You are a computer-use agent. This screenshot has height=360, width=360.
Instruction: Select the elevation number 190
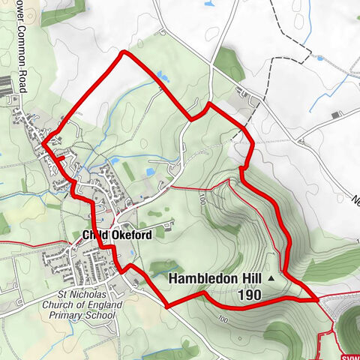click(250, 295)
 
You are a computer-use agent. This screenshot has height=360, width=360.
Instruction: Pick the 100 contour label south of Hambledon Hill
click(223, 320)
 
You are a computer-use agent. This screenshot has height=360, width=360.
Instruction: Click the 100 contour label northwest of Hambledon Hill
click(202, 199)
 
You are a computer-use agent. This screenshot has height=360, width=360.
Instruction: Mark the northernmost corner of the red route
click(123, 52)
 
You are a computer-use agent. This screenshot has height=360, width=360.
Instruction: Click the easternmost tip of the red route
click(317, 298)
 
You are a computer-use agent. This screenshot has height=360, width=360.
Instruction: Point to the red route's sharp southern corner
click(166, 305)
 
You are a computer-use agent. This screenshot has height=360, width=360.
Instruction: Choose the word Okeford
click(132, 235)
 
